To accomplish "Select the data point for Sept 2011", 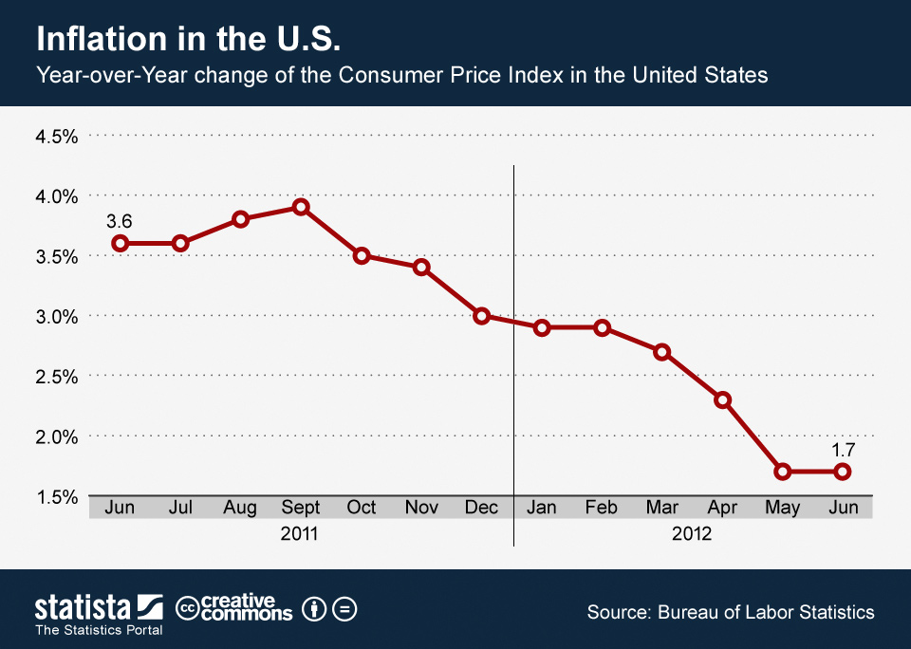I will (x=301, y=207).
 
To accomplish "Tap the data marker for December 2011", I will (x=482, y=316).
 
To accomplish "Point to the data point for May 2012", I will (x=783, y=472).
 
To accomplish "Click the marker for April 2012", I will (x=722, y=399).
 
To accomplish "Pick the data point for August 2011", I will (x=240, y=219).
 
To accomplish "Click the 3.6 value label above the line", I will (x=119, y=221).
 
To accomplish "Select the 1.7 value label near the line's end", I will (x=843, y=450).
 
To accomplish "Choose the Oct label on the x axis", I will (x=361, y=508).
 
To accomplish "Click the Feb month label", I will (x=602, y=508).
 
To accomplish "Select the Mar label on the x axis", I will (x=661, y=508).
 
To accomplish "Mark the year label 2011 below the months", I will (x=300, y=533).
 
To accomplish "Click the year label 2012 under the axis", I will (x=692, y=533).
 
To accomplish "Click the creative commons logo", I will (x=235, y=608).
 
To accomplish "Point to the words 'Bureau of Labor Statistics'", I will (x=766, y=612).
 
